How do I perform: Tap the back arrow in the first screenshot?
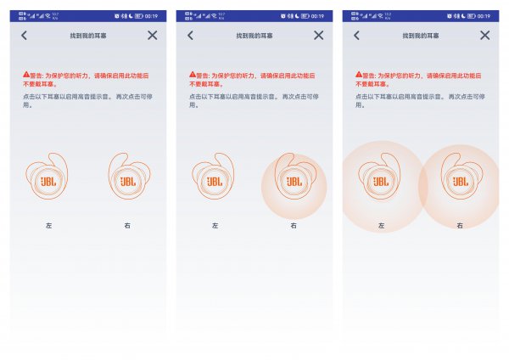25,35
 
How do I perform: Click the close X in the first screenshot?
153,35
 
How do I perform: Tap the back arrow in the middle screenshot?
191,35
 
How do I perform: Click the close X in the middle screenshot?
319,35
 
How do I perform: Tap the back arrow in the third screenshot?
356,35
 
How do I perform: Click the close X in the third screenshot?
485,35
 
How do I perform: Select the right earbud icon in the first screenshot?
129,181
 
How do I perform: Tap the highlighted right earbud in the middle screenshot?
294,181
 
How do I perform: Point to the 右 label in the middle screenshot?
294,226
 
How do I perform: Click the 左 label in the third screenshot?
381,226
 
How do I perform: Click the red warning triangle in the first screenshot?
25,76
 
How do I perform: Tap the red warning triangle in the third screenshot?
358,76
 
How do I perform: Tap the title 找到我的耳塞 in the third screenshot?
419,36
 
